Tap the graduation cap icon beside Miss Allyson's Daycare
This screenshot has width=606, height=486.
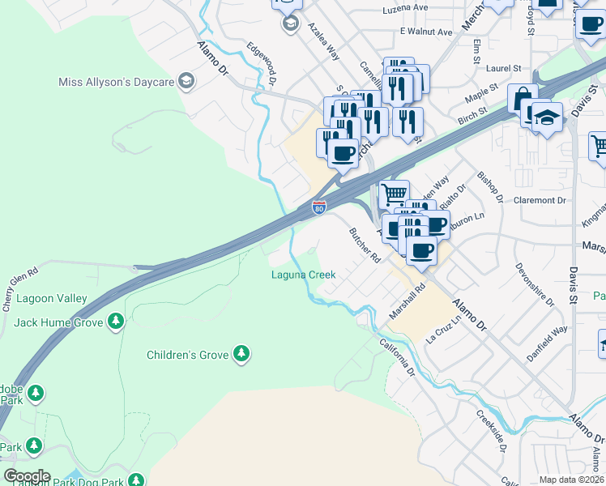(186, 81)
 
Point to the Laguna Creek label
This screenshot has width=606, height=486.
(303, 275)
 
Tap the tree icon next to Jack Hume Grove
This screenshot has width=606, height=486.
(116, 322)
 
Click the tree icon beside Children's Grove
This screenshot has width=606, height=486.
(241, 354)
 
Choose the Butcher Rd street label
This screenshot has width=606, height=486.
(365, 245)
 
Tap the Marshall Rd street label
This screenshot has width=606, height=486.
(407, 301)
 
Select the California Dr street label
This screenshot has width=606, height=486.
(398, 357)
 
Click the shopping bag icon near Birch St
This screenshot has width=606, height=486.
(523, 98)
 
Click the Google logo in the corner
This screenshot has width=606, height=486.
(26, 475)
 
